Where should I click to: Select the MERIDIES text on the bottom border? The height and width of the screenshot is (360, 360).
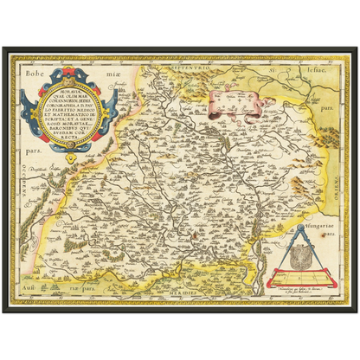point(195,293)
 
